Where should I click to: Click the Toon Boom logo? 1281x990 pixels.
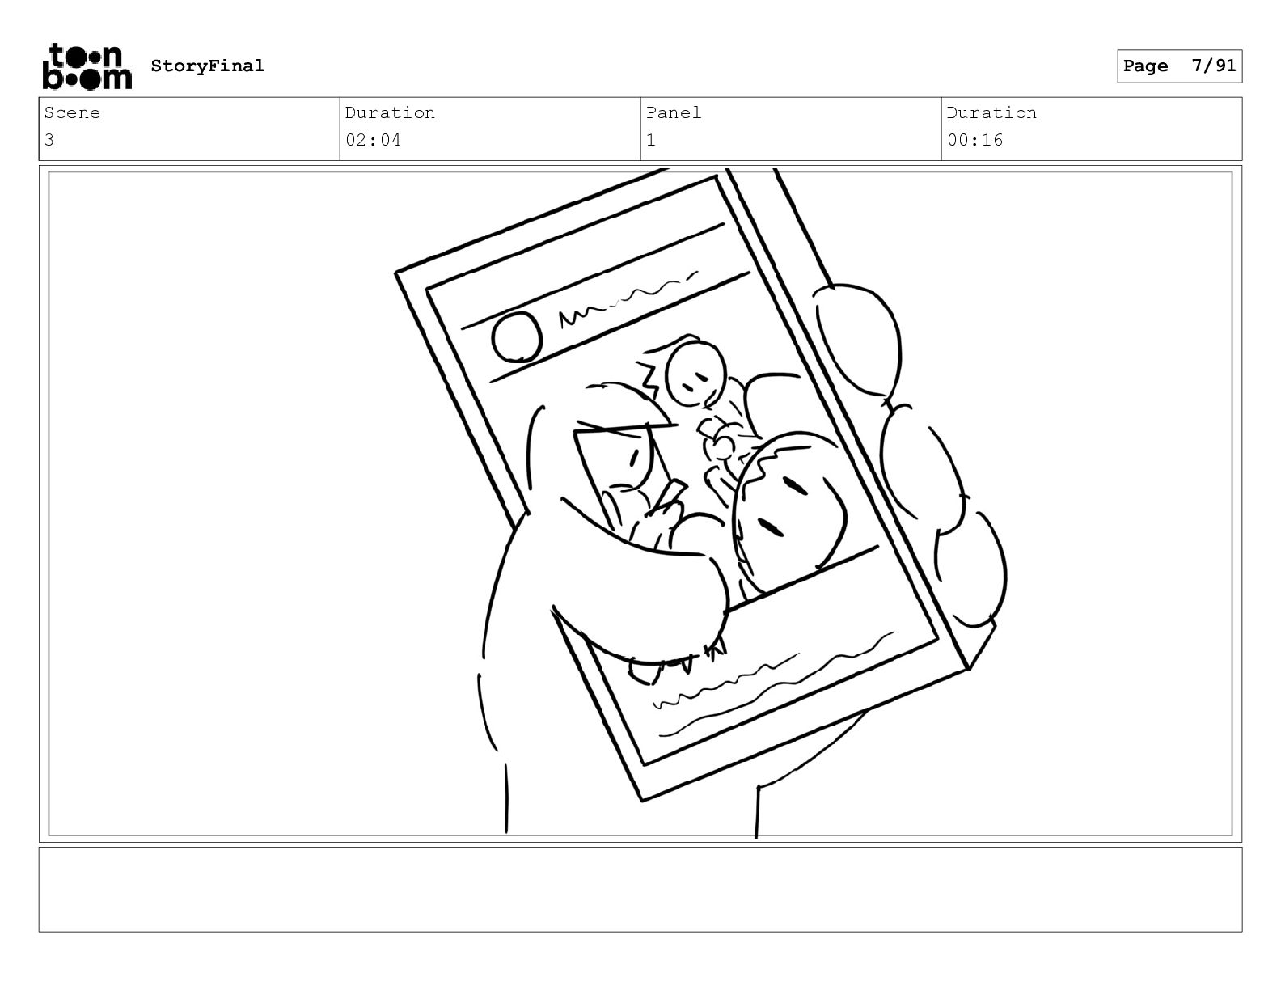[87, 66]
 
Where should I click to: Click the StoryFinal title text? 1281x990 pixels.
[208, 66]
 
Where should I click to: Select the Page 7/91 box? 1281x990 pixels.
[1179, 66]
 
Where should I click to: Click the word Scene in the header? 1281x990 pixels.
[72, 112]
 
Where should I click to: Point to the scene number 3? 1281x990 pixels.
[49, 140]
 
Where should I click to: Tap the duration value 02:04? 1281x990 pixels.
[373, 140]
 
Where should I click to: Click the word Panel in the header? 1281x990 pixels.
[673, 112]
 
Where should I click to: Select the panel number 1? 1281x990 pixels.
[651, 140]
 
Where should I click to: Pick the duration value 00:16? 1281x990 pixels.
[974, 140]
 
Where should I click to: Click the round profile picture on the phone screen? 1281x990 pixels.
[517, 336]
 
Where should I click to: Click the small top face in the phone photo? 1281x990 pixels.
[695, 373]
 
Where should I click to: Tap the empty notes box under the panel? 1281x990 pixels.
[640, 890]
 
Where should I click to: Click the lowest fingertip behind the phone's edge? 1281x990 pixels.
[970, 569]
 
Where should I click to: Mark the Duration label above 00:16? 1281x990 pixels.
[991, 112]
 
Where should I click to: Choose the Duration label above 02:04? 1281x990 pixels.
[390, 112]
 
